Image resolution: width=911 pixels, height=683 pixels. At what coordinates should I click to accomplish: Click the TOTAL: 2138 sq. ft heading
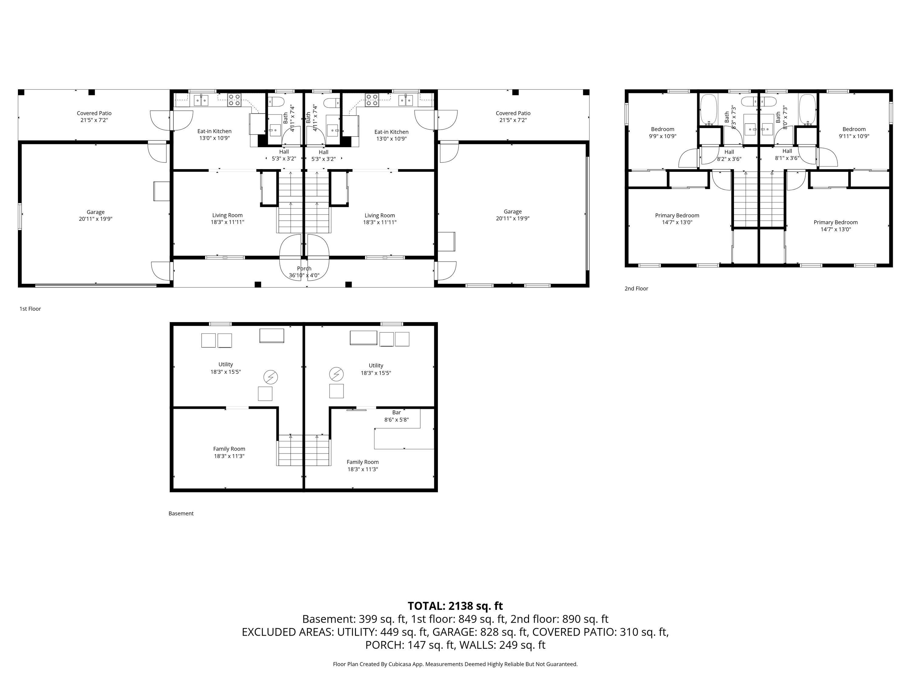coord(455,606)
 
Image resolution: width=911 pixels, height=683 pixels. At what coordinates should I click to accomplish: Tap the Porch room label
coord(304,268)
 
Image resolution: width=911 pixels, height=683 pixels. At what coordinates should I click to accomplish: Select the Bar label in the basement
coord(397,413)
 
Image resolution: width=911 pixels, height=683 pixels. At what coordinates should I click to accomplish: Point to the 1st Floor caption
coord(30,309)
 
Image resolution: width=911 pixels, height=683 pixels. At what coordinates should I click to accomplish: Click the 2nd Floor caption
coord(636,289)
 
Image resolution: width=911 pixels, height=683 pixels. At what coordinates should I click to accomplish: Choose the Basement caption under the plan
coord(181,513)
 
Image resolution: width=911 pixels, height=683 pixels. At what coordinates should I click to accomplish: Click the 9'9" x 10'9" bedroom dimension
coord(663,136)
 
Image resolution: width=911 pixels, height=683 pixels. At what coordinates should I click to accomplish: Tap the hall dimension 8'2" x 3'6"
coord(729,159)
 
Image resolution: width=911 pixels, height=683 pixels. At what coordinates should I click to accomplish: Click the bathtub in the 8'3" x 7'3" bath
coord(709,109)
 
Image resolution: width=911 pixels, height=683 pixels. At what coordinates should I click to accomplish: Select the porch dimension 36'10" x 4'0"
coord(304,275)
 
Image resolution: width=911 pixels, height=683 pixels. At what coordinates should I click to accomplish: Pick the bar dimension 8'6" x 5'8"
coord(397,420)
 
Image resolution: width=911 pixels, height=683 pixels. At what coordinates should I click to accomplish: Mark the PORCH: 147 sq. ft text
coord(409,645)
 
